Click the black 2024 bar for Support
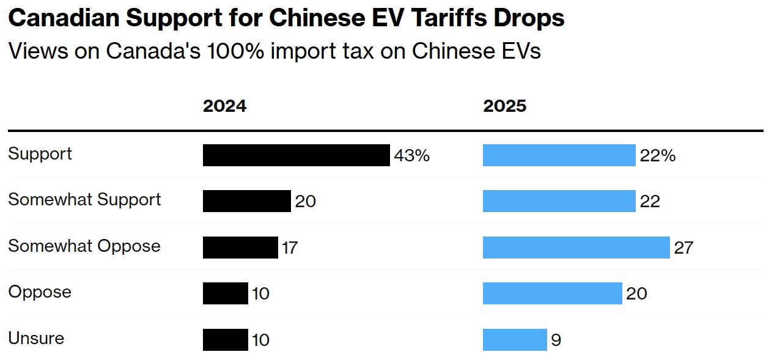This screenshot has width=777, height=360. click(x=296, y=155)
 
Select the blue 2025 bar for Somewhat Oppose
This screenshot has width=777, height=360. click(x=576, y=248)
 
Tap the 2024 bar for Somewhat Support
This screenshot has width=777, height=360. click(x=246, y=201)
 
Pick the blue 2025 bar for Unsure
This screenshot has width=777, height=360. click(x=515, y=340)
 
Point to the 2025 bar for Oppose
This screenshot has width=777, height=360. click(x=552, y=293)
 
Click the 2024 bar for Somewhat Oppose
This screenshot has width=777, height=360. click(x=240, y=248)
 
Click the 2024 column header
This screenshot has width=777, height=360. click(x=224, y=106)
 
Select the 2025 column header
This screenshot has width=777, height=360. click(x=504, y=106)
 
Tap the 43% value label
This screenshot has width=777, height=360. click(x=411, y=156)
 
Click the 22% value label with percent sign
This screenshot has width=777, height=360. click(x=657, y=156)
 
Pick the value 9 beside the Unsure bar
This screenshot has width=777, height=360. click(x=556, y=340)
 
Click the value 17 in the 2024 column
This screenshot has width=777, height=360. click(x=289, y=248)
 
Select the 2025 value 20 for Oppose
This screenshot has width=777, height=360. click(x=636, y=294)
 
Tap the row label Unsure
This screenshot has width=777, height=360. click(x=36, y=339)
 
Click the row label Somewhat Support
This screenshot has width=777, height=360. click(x=84, y=200)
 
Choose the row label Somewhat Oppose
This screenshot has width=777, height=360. click(x=84, y=246)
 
